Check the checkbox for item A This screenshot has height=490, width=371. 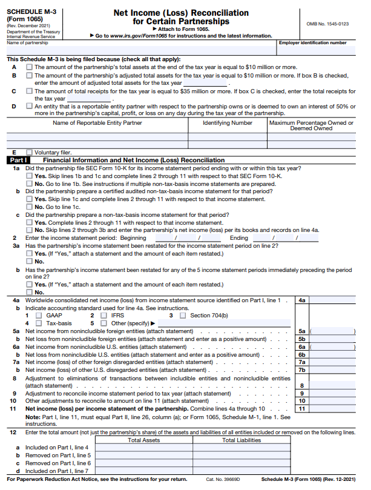click(29, 67)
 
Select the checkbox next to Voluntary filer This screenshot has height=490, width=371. click(29, 152)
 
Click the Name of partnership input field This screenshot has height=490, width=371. click(139, 50)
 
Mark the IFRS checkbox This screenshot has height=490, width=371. click(101, 316)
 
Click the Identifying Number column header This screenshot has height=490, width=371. click(228, 123)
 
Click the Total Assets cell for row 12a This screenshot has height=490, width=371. click(143, 448)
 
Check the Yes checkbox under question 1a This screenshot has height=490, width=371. click(29, 176)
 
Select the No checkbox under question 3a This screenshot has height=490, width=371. click(29, 262)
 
